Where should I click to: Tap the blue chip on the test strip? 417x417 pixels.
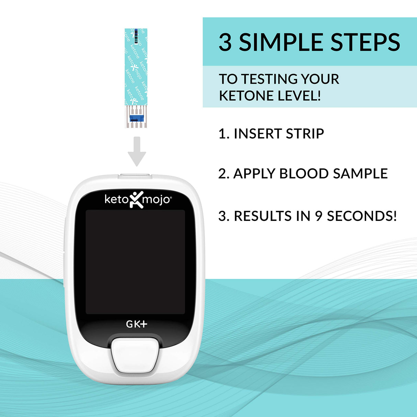coord(136,119)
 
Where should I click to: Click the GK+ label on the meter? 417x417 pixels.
coord(136,324)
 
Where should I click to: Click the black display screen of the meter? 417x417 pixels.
coord(135,262)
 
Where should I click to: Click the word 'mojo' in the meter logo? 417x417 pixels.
coord(156,200)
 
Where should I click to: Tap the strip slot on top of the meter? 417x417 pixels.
coord(135,176)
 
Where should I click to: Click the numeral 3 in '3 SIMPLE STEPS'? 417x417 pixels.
coord(225,42)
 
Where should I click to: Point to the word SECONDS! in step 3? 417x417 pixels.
coord(362,216)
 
